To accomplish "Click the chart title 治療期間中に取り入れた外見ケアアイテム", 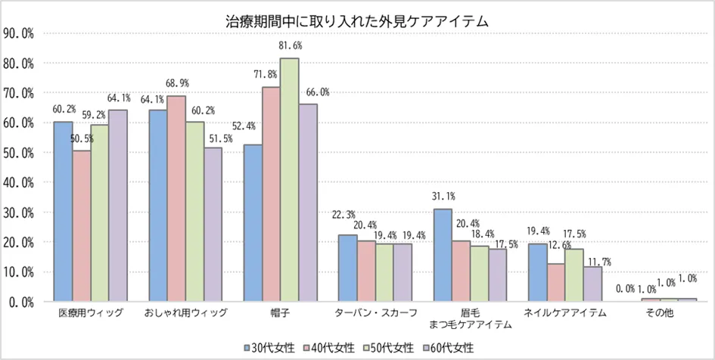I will [x=357, y=21].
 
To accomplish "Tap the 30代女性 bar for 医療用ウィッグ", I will [x=63, y=211].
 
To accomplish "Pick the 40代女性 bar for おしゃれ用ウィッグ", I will [x=176, y=198].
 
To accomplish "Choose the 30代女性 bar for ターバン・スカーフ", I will [x=347, y=268].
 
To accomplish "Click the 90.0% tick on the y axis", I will [x=19, y=33].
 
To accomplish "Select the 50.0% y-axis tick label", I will [x=19, y=152].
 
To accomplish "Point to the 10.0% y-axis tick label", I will [x=19, y=272].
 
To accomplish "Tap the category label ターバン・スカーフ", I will [x=375, y=312].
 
